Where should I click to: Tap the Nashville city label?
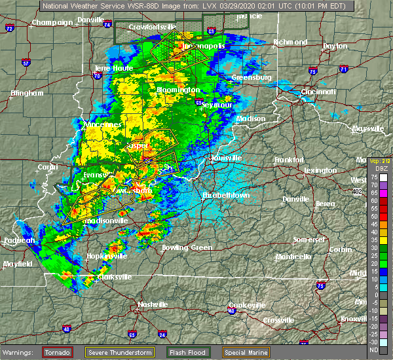tap(152, 304)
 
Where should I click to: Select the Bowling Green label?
tap(187, 247)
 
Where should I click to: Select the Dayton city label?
tap(335, 46)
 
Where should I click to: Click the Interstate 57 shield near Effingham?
tap(26, 63)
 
